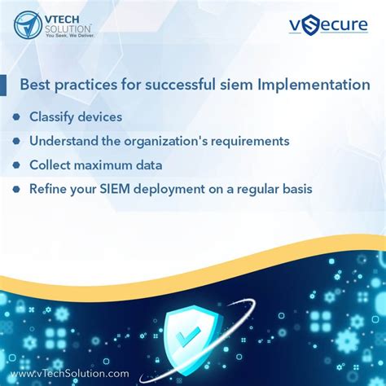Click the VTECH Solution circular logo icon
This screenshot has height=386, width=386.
29,25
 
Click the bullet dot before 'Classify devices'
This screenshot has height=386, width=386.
16,116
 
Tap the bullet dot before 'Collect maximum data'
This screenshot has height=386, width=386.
16,165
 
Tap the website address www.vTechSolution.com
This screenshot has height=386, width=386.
69,373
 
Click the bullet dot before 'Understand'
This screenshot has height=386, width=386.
16,141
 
